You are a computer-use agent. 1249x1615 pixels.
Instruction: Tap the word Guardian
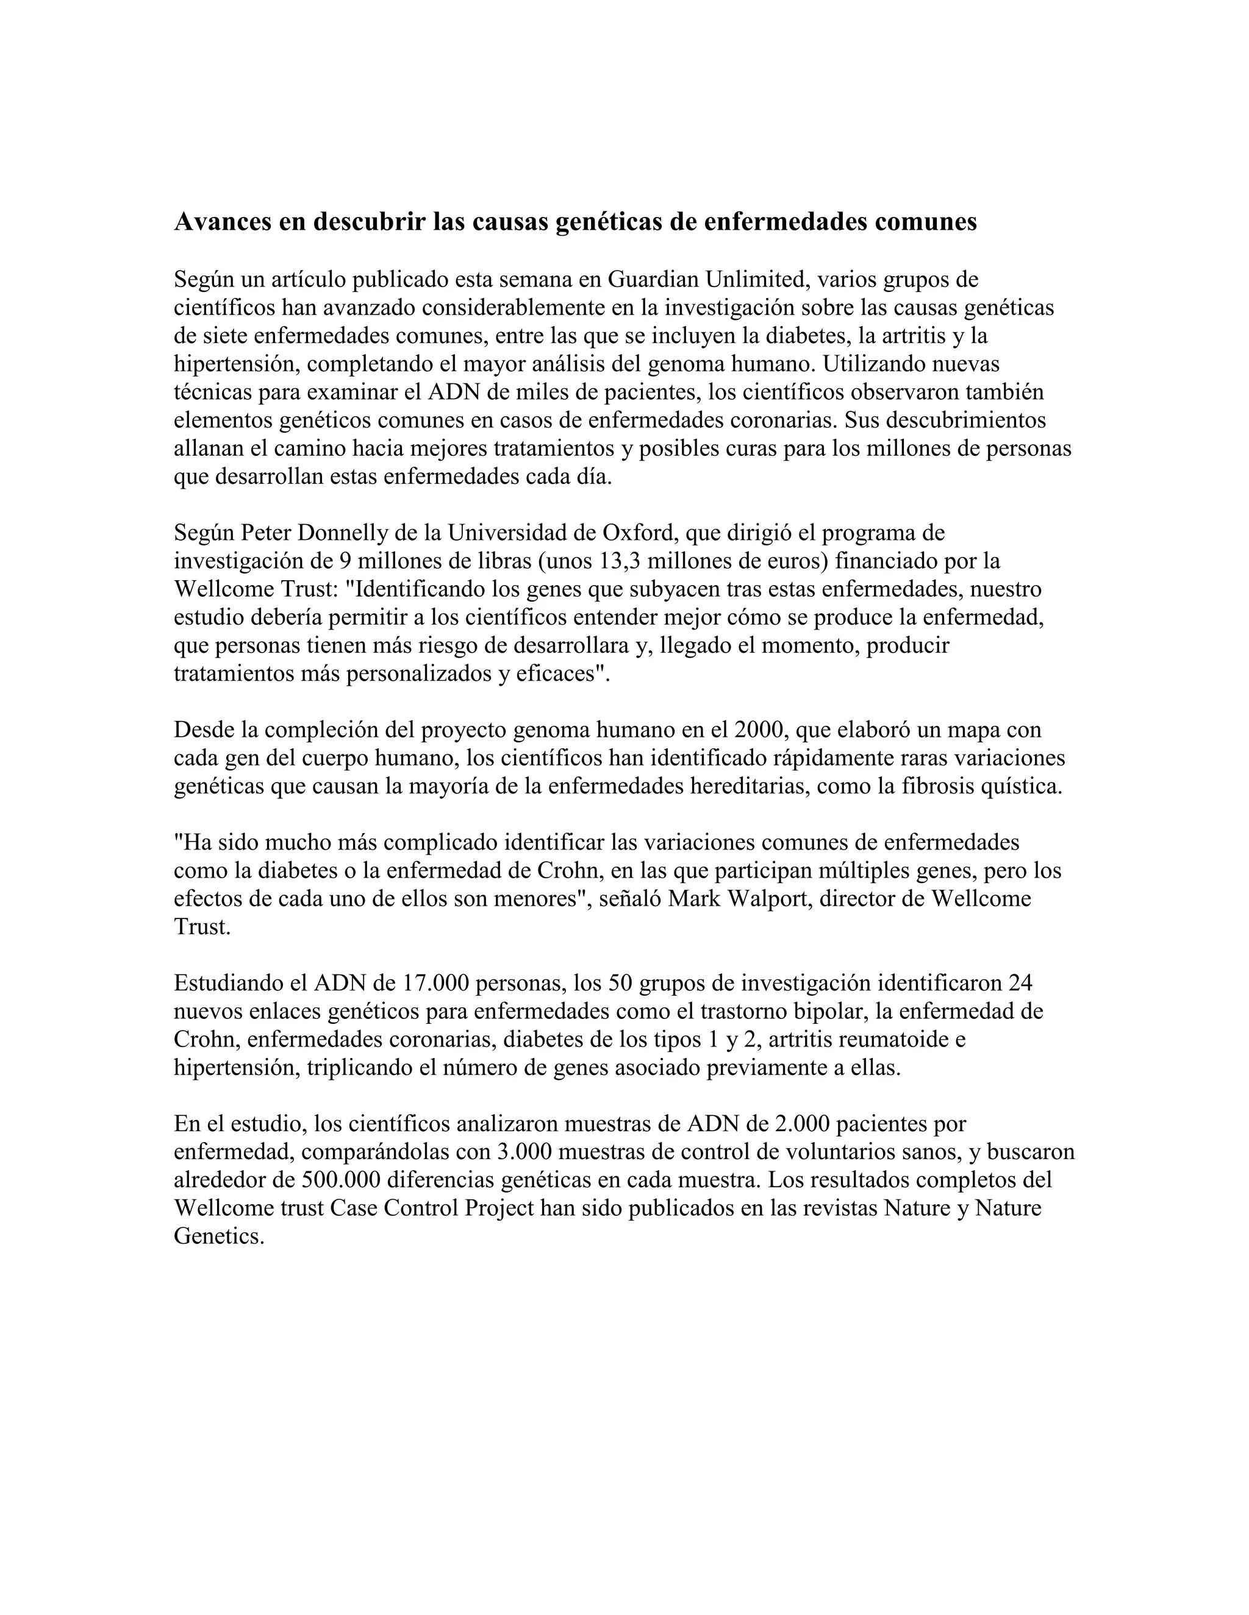(x=653, y=280)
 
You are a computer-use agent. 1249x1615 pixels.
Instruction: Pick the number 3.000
(x=524, y=1151)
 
